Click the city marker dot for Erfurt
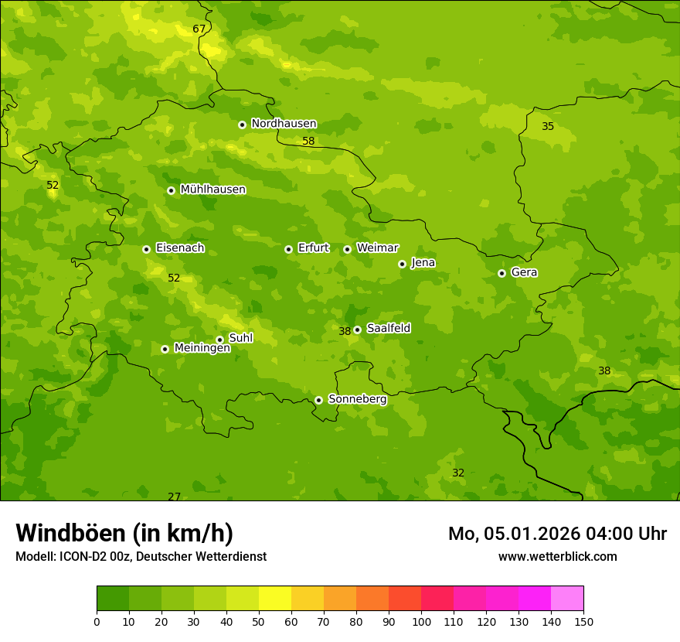point(288,249)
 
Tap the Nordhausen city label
point(284,124)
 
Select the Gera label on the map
point(524,272)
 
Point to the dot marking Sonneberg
point(318,400)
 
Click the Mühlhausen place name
point(212,190)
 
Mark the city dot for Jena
point(402,264)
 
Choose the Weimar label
point(377,248)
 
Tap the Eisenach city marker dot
point(146,249)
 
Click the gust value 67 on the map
point(199,29)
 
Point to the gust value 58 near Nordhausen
point(308,142)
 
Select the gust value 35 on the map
point(548,126)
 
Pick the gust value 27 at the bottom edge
point(174,497)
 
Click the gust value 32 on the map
point(458,473)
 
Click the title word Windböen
point(70,533)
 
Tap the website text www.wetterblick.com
point(557,556)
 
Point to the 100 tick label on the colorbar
point(421,621)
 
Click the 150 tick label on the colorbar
point(583,621)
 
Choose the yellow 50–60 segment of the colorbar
point(275,598)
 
